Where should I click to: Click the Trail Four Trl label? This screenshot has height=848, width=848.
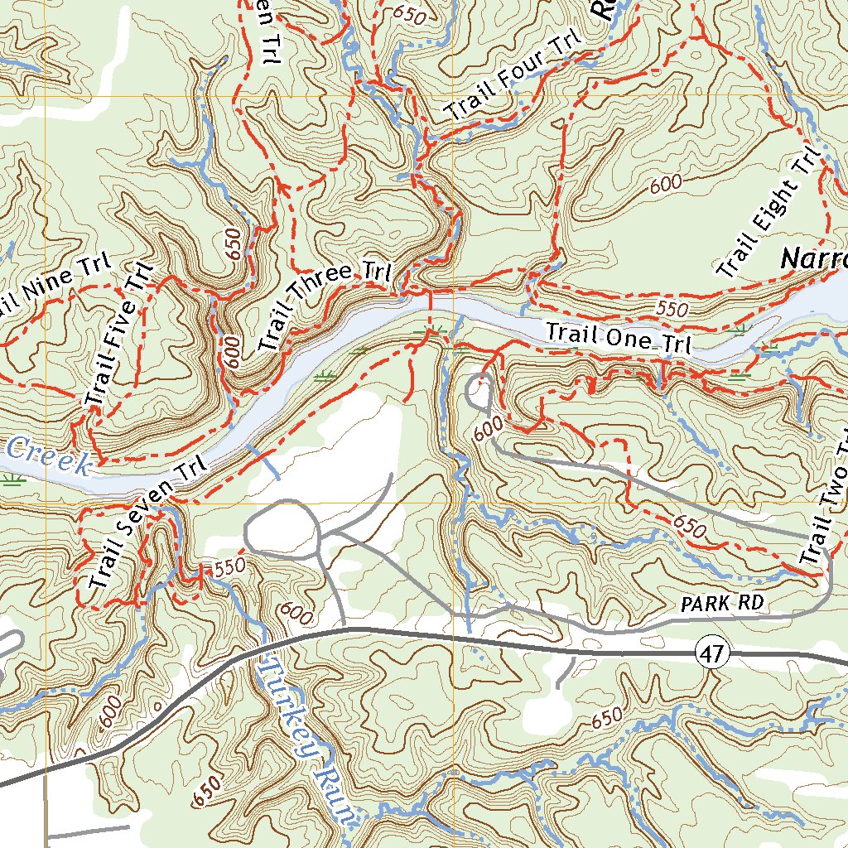(513, 79)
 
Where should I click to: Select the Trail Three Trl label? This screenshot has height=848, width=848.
(326, 306)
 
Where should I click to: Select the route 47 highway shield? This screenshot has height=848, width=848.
(712, 653)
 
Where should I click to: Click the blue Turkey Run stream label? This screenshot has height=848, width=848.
(306, 736)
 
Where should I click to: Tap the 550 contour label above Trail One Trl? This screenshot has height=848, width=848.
(672, 309)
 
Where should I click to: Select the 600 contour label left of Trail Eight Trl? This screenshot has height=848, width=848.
(667, 185)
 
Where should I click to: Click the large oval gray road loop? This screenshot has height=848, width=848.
(282, 528)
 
